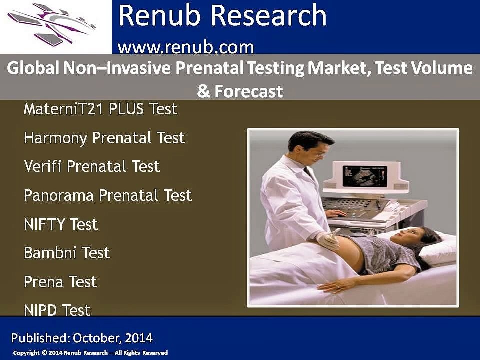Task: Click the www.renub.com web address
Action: (186, 48)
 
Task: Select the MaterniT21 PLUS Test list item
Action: (100, 109)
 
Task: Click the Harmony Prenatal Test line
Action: (104, 137)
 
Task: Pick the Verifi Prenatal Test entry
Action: (92, 166)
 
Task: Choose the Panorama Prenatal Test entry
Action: (108, 195)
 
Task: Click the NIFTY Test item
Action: (61, 224)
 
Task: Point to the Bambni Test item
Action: (67, 253)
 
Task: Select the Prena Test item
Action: (60, 282)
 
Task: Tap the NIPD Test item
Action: (57, 310)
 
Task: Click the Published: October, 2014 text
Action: (83, 338)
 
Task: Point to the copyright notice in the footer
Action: (90, 353)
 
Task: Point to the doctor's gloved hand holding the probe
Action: (328, 240)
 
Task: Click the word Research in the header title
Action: (269, 16)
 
